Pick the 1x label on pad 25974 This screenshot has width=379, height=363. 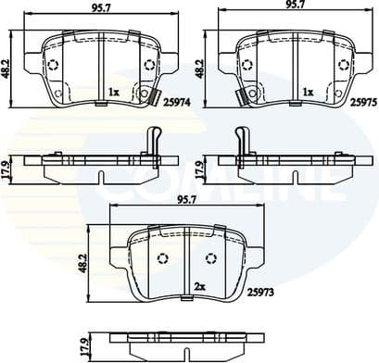coord(112,92)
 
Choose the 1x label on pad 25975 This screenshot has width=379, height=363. coord(307,92)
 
